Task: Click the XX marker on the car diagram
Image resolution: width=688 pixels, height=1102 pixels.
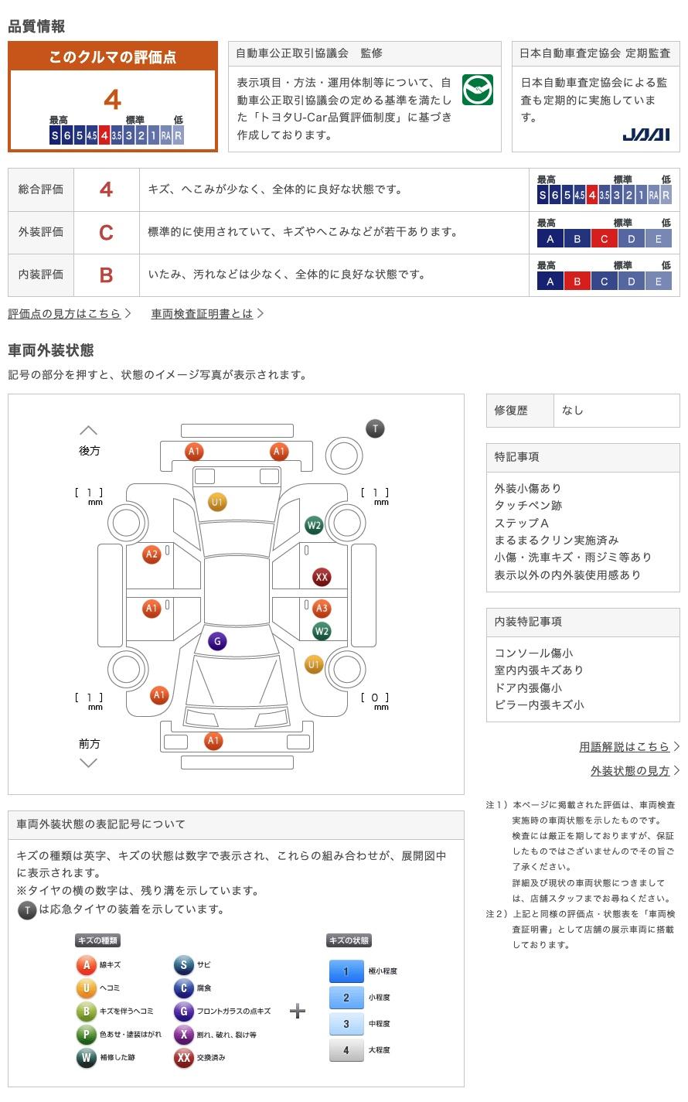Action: point(322,577)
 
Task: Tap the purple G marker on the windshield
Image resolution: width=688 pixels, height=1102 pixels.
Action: point(217,641)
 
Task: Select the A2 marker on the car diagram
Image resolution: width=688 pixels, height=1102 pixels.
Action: point(152,554)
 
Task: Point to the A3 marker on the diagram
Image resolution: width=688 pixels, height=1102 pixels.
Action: point(322,609)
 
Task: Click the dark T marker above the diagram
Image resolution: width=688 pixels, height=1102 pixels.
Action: point(375,428)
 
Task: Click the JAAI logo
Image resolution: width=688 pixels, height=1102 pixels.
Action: point(645,135)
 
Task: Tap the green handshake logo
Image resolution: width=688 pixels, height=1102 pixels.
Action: point(477,90)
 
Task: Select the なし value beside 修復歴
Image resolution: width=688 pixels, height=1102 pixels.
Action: point(573,410)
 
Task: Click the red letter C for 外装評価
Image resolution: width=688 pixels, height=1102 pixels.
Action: point(106,232)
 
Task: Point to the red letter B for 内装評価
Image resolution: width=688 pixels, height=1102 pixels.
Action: point(106,275)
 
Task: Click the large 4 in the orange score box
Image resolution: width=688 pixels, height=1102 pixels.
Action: point(112,99)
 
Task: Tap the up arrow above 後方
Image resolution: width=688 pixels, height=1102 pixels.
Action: point(89,430)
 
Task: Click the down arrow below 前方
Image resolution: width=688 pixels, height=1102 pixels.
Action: point(89,763)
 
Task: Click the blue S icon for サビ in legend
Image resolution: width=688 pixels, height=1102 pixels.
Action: point(183,964)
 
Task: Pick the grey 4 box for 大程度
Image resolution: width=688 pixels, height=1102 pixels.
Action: point(346,1049)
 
